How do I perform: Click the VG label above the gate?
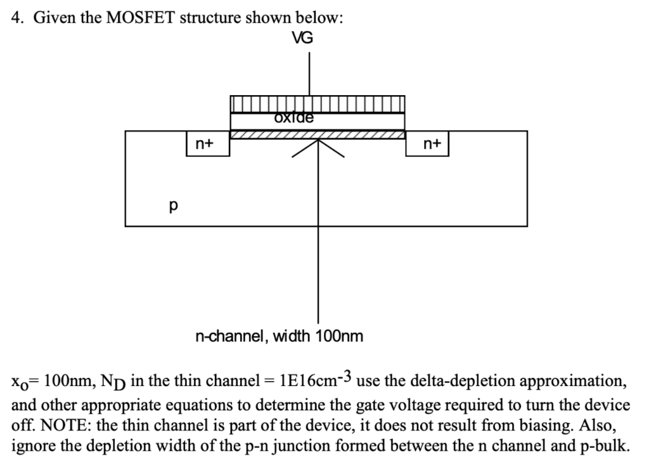pyautogui.click(x=302, y=38)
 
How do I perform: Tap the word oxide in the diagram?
pyautogui.click(x=294, y=117)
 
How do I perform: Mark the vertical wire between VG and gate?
pyautogui.click(x=309, y=73)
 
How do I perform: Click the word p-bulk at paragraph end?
pyautogui.click(x=605, y=446)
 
